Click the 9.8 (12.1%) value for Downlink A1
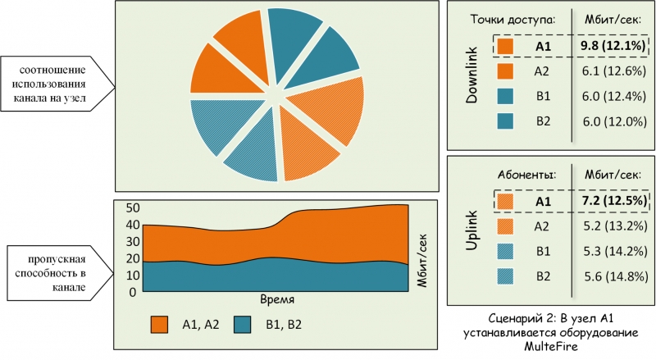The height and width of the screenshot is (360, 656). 613,46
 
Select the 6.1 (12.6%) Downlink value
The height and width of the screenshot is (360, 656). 614,71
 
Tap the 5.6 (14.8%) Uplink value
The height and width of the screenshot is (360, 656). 617,276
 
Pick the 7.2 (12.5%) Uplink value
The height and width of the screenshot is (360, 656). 614,201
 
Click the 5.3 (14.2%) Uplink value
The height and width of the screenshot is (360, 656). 616,251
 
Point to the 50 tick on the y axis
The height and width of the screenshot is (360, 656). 133,208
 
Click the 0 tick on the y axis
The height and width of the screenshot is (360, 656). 133,292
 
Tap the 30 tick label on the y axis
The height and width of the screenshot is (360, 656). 133,242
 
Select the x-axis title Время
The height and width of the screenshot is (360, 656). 277,299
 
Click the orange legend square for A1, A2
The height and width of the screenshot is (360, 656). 159,325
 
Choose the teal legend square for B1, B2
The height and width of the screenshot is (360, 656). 242,325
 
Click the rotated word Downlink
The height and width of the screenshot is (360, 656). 472,75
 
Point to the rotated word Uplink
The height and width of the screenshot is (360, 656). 472,230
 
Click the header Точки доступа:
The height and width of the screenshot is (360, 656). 512,20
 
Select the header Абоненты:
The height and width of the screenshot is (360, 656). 526,175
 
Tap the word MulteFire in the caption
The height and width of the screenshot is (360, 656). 550,347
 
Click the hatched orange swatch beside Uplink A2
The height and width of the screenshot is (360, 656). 505,226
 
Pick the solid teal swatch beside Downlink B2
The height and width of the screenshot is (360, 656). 505,121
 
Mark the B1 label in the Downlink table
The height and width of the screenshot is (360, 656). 543,96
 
